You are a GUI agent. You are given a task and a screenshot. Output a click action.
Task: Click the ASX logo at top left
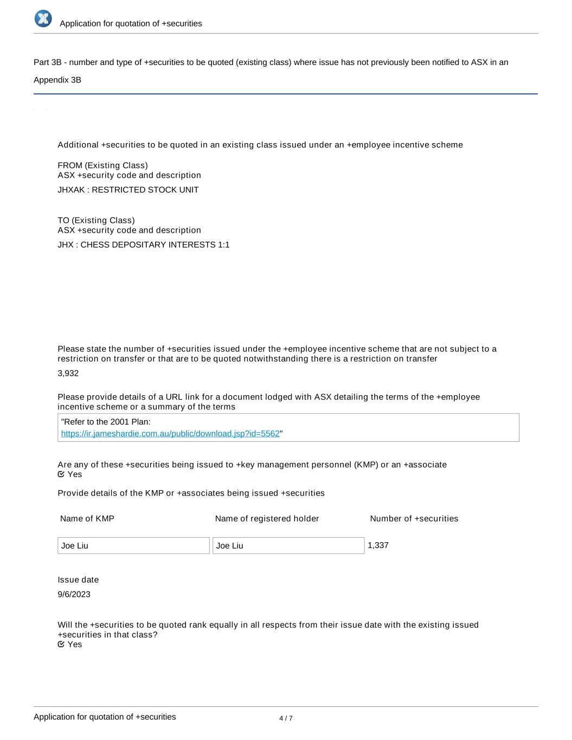click(x=43, y=18)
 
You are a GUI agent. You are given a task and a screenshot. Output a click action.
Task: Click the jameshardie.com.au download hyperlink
click(x=170, y=434)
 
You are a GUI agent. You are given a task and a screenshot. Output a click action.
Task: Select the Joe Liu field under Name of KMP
click(x=133, y=545)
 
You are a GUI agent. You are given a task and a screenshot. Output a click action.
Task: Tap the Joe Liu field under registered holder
click(x=288, y=545)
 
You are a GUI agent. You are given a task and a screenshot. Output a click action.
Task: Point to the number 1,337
click(x=378, y=545)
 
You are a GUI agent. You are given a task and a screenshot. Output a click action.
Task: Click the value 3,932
click(x=68, y=373)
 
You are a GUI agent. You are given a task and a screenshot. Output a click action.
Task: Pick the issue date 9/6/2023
click(x=74, y=594)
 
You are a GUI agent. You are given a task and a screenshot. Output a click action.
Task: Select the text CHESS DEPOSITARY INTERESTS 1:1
click(x=155, y=244)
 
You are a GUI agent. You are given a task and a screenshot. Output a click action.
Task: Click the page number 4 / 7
click(x=286, y=718)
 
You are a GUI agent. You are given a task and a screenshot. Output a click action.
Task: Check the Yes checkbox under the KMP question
click(x=61, y=474)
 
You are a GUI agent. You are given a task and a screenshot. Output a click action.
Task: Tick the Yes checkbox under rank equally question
click(x=61, y=644)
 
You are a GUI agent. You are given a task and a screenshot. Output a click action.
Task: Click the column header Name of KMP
click(x=87, y=518)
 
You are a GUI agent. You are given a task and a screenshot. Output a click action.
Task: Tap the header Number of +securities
click(x=414, y=518)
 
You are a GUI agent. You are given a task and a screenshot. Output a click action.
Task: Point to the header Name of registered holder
click(x=267, y=518)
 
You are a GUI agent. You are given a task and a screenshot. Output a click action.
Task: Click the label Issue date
click(x=78, y=580)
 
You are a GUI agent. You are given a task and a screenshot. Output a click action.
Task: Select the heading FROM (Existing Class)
click(x=102, y=165)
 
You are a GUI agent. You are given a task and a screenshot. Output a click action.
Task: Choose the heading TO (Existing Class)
click(x=96, y=220)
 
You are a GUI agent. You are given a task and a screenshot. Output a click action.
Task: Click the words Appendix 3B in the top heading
click(x=57, y=80)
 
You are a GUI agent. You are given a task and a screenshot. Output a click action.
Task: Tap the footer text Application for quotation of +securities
click(x=105, y=717)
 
